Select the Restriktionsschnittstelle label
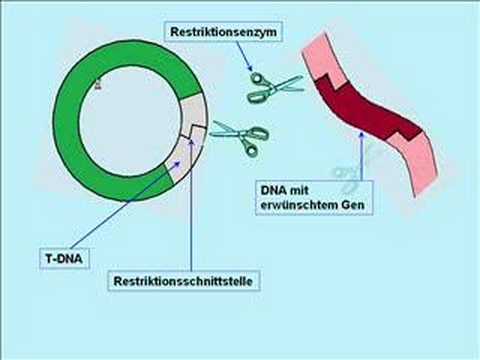point(183,282)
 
